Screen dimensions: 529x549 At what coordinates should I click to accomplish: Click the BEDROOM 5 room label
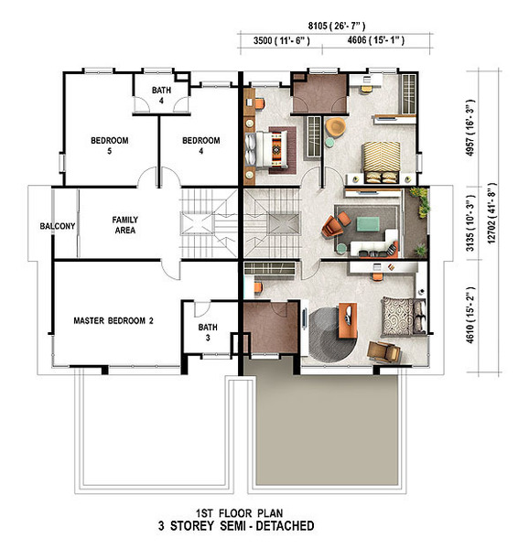[x=110, y=145]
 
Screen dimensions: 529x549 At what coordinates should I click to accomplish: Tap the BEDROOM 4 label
[x=201, y=145]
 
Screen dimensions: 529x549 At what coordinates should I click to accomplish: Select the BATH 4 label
[x=161, y=95]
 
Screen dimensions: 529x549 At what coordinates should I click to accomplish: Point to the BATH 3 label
[x=208, y=332]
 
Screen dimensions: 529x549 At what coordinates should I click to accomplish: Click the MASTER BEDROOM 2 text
[x=113, y=321]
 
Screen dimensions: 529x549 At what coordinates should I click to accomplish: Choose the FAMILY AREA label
[x=125, y=225]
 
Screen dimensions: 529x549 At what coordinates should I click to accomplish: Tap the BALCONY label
[x=58, y=226]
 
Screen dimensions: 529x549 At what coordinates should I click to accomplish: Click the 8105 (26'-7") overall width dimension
[x=337, y=26]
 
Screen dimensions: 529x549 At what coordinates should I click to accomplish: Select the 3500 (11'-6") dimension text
[x=282, y=40]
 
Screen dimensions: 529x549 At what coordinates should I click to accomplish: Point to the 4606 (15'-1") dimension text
[x=376, y=40]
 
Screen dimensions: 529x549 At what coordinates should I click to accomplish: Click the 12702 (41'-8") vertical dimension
[x=491, y=213]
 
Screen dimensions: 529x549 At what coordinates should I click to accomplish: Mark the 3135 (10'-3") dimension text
[x=470, y=223]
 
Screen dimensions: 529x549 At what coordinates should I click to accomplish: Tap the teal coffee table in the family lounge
[x=368, y=224]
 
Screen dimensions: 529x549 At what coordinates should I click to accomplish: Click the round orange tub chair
[x=335, y=127]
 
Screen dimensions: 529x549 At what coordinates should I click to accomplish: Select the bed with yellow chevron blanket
[x=381, y=162]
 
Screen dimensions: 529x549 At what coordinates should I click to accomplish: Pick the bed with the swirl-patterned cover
[x=404, y=317]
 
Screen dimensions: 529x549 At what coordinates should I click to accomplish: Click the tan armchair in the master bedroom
[x=383, y=351]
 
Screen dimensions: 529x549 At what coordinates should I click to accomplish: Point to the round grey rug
[x=332, y=334]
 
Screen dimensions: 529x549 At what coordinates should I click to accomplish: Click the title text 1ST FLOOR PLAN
[x=239, y=513]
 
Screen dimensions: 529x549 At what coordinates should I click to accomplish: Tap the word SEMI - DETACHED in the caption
[x=267, y=526]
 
